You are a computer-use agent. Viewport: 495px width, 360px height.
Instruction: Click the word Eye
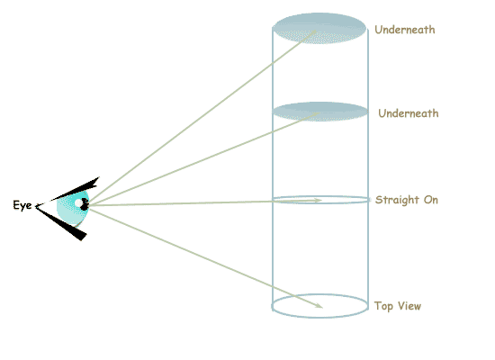(x=22, y=205)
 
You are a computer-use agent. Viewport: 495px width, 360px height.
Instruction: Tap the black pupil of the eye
(x=85, y=204)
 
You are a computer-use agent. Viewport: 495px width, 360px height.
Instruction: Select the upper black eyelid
(x=76, y=189)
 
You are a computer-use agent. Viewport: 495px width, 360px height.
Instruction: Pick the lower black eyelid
(x=61, y=222)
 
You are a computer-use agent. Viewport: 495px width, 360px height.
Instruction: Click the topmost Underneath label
(x=405, y=30)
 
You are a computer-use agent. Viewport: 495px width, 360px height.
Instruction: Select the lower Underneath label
(x=409, y=113)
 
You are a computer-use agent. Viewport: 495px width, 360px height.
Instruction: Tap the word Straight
(x=397, y=200)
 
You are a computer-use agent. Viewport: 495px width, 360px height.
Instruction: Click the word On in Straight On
(x=431, y=200)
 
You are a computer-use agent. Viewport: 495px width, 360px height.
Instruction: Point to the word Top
(x=383, y=306)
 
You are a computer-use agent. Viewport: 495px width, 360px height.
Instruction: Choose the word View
(x=409, y=306)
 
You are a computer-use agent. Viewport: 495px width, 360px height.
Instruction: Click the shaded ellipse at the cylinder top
(x=319, y=29)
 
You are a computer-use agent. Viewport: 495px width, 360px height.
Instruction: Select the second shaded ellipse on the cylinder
(x=320, y=112)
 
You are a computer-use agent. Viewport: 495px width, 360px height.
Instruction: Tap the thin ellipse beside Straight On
(x=320, y=196)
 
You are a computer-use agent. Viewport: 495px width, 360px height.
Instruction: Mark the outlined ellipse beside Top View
(x=319, y=294)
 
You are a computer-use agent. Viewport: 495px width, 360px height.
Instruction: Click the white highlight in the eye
(x=78, y=203)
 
